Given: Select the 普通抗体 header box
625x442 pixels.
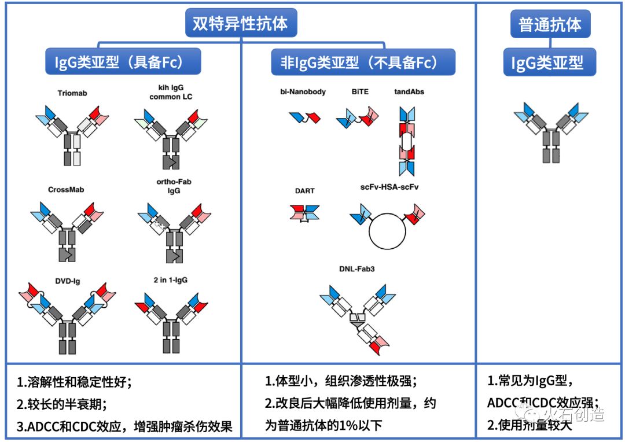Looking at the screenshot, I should tap(550, 25).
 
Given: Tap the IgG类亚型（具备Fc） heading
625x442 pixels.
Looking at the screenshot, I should tap(123, 62).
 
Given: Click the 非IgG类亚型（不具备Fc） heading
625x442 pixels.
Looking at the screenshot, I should tap(363, 62).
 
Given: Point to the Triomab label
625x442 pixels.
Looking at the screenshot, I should tap(72, 93).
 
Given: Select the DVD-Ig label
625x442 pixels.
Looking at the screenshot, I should tap(69, 281).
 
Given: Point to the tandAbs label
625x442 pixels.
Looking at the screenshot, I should tap(409, 91).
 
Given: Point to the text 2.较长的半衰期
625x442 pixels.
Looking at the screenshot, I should tap(62, 404).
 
